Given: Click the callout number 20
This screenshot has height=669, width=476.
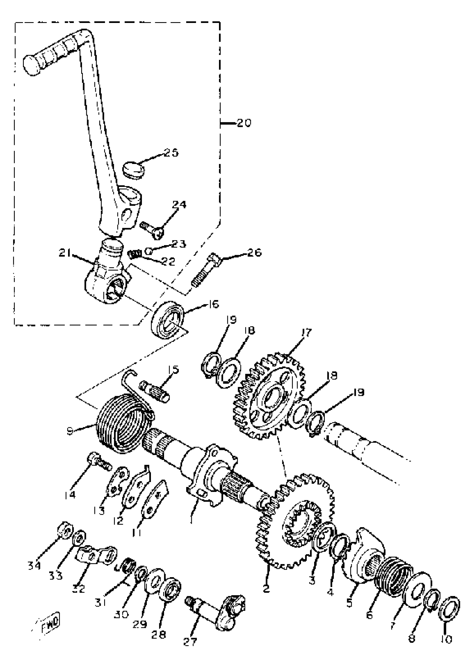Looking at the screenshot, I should pyautogui.click(x=244, y=123).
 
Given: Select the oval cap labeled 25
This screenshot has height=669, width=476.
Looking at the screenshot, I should pyautogui.click(x=134, y=169).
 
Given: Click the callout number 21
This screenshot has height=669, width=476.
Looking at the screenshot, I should pyautogui.click(x=65, y=252).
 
